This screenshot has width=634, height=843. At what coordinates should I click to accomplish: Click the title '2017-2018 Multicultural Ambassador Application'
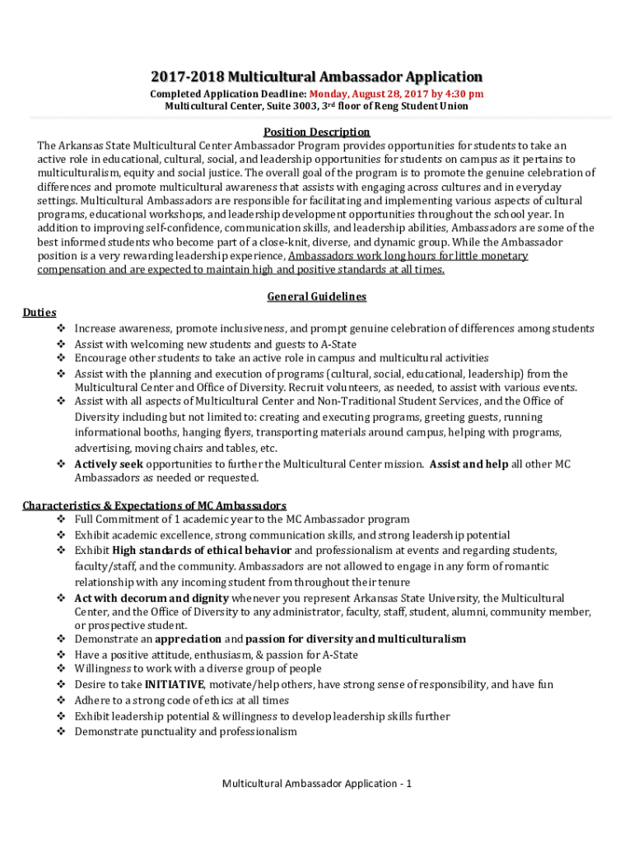point(316,77)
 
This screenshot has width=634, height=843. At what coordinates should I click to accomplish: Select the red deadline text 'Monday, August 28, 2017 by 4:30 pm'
point(396,95)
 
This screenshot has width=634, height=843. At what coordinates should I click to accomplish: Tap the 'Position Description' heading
point(316,132)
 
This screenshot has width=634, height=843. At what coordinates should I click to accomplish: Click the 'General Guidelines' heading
point(316,296)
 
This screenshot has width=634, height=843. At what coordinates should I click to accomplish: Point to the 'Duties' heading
point(40,313)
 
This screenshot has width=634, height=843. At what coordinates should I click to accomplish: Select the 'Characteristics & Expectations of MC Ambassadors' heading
point(154,505)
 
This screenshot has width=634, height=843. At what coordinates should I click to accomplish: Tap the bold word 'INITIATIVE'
point(174,685)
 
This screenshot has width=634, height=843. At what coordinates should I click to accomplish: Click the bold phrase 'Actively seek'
point(109,464)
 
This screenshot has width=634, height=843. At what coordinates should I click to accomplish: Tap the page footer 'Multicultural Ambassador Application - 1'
point(317,783)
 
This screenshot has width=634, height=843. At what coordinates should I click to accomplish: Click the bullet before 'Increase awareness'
point(61,328)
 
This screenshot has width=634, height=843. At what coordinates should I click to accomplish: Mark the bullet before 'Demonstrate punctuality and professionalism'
point(61,731)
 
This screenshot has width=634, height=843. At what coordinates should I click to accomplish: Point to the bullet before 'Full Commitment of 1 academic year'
point(61,519)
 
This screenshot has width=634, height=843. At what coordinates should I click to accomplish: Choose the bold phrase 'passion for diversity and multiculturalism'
point(356,639)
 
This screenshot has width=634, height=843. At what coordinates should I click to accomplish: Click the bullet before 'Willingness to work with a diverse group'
point(61,669)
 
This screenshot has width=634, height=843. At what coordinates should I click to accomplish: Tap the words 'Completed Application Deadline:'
point(228,95)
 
